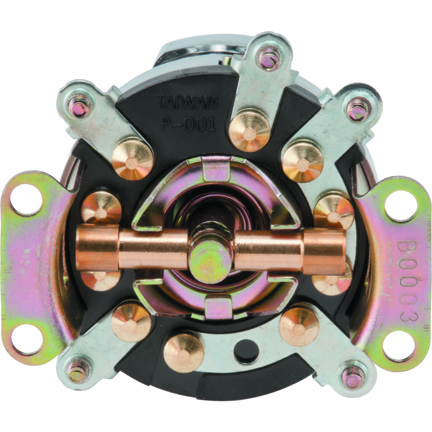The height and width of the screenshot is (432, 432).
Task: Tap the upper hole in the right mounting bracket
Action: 400,205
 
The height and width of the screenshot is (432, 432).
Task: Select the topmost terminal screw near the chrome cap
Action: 268,58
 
